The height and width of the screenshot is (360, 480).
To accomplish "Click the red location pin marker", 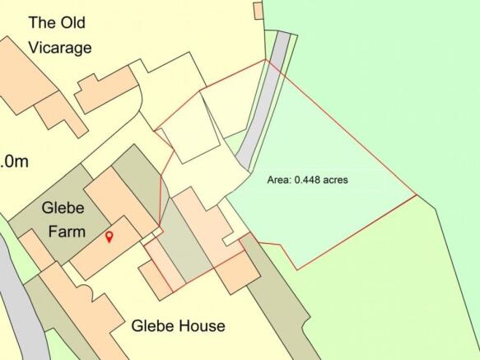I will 109,237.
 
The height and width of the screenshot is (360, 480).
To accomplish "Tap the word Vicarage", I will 60,47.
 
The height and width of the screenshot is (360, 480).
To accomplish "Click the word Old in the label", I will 68,22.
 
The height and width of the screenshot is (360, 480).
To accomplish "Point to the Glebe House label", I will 178,326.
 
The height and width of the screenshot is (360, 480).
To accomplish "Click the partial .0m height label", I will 14,161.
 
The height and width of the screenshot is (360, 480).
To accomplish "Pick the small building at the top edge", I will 258,9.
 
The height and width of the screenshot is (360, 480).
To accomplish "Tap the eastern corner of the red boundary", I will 416,195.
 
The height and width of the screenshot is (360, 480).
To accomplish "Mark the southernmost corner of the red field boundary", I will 296,269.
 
